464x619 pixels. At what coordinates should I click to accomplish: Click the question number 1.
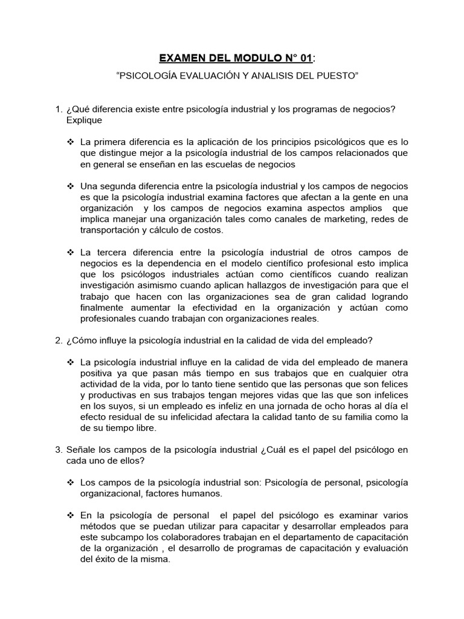[x=58, y=109]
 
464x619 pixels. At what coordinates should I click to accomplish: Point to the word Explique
[x=85, y=120]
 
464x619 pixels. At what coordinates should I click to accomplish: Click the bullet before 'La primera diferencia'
[x=70, y=142]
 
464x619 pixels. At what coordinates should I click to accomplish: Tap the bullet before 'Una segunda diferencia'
[x=70, y=186]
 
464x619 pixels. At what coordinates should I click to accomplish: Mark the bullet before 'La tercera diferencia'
[x=70, y=251]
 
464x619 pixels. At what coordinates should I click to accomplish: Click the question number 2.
[x=58, y=340]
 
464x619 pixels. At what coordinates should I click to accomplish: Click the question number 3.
[x=58, y=449]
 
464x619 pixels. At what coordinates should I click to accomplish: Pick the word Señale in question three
[x=81, y=449]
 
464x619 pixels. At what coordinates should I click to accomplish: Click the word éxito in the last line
[x=104, y=559]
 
